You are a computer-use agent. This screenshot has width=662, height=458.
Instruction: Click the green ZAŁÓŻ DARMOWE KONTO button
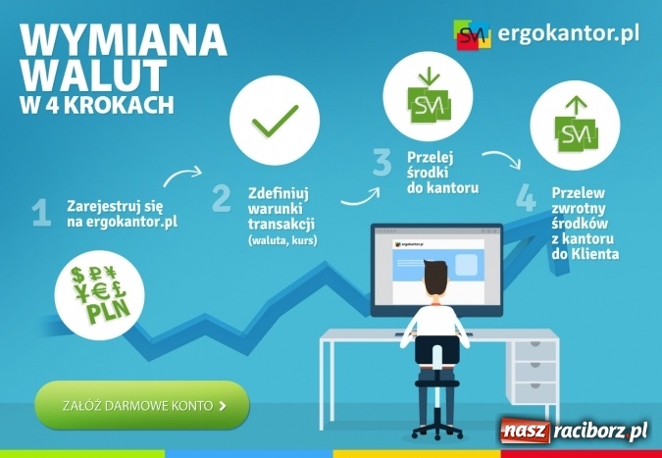141,404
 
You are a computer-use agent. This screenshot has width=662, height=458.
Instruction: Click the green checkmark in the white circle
275,122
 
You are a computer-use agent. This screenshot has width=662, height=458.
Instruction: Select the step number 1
40,214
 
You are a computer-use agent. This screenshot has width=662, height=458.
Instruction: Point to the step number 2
222,197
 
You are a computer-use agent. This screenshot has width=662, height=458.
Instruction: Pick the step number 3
382,163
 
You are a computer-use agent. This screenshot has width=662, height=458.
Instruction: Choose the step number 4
527,196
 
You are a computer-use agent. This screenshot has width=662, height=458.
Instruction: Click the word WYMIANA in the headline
124,40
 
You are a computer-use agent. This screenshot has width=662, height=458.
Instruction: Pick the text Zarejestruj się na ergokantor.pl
121,214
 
